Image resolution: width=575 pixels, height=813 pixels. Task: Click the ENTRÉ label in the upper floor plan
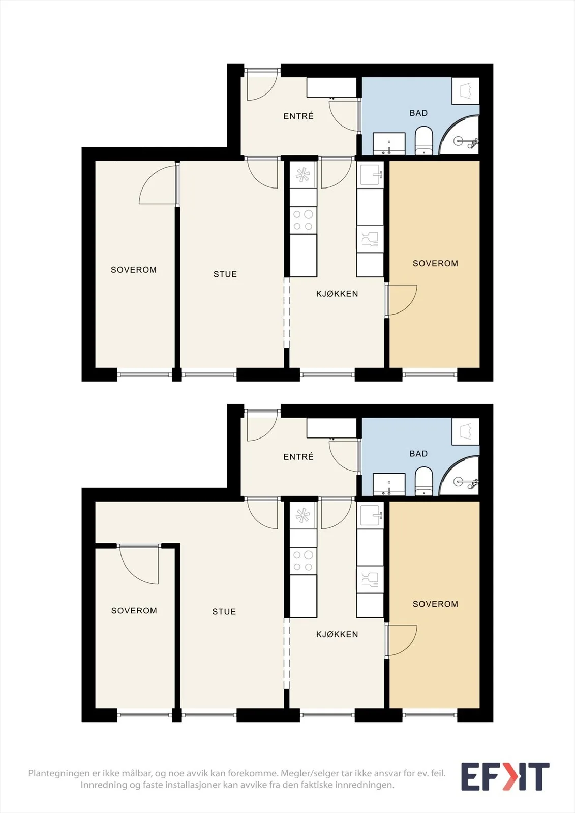pos(298,116)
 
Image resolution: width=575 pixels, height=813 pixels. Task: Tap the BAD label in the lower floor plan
pos(418,454)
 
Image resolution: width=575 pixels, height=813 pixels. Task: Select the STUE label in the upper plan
pos(225,274)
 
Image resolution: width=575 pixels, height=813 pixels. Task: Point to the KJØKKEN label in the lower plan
pos(337,634)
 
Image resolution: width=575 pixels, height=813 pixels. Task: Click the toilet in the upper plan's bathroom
pos(424,140)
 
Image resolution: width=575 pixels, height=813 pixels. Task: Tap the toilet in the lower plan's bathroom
pos(424,481)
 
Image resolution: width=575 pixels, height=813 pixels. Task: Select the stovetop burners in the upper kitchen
pos(304,221)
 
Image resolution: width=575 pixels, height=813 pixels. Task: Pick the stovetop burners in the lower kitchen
pos(304,561)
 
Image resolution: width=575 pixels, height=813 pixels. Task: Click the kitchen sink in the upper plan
pos(370,175)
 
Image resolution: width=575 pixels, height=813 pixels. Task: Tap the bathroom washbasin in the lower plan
pos(389,484)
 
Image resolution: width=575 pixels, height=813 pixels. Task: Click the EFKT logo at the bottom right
pos(505,776)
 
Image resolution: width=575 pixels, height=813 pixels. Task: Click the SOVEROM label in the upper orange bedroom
pos(435,264)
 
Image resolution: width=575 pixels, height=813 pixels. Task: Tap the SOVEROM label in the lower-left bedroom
pos(134,610)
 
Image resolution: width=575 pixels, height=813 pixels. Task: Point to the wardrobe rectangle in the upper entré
pos(331,87)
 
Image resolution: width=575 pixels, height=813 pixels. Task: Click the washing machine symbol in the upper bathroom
pos(466,91)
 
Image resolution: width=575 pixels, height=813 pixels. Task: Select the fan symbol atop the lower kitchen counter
pos(304,515)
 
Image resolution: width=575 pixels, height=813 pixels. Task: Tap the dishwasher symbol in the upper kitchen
pos(370,239)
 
